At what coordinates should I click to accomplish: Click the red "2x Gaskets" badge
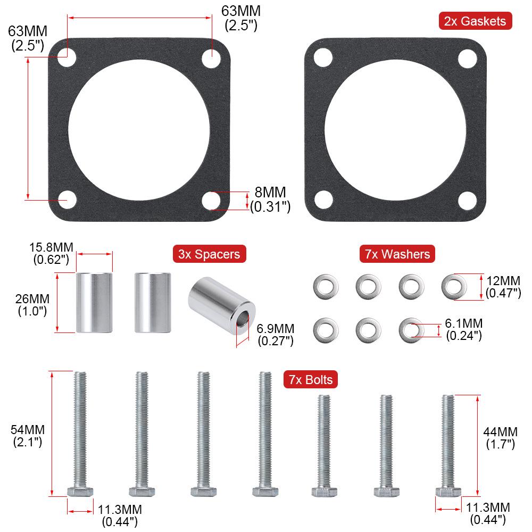point(476,21)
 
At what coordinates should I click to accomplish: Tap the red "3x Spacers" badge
point(209,254)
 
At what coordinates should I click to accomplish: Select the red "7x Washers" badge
point(397,254)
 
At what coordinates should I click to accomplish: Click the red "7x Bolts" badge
point(311,379)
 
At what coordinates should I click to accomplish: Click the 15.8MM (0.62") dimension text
point(51,253)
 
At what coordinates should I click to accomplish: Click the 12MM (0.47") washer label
point(503,286)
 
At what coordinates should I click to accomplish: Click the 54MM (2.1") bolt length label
point(28,435)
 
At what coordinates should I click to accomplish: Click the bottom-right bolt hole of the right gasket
point(467,200)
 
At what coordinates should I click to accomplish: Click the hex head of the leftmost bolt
point(80,491)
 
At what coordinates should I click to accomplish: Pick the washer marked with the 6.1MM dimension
point(408,329)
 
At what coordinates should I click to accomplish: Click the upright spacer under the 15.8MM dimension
point(94,302)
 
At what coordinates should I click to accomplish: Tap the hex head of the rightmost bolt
point(448,491)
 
